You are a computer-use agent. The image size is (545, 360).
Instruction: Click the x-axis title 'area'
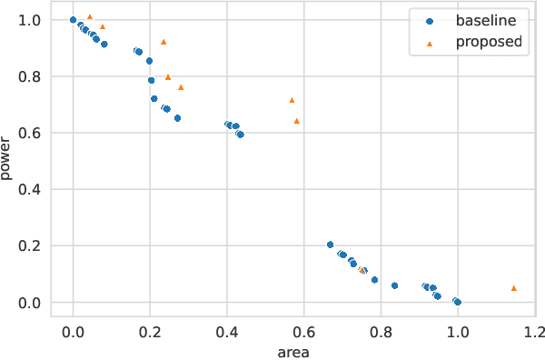pos(292,351)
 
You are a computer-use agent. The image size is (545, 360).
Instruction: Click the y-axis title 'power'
pos(8,158)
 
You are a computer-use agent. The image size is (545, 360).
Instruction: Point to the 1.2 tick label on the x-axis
pos(534,332)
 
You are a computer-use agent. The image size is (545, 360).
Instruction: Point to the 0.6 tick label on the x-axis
pos(304,332)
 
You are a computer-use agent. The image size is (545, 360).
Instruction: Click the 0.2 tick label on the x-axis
pos(150,332)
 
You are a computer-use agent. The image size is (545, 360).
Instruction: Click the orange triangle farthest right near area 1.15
pos(514,288)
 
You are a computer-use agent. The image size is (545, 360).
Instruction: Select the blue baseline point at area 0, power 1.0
pos(73,20)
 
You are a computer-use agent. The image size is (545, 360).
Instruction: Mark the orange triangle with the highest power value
pos(89,16)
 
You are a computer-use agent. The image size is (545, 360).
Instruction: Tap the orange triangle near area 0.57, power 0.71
pos(292,100)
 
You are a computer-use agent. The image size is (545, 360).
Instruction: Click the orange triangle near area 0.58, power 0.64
pos(296,121)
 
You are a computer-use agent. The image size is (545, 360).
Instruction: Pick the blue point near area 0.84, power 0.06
pos(394,285)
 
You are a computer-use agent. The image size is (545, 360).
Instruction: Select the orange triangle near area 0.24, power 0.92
pos(163,42)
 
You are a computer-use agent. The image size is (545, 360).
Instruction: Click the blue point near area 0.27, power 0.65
pos(177,118)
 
